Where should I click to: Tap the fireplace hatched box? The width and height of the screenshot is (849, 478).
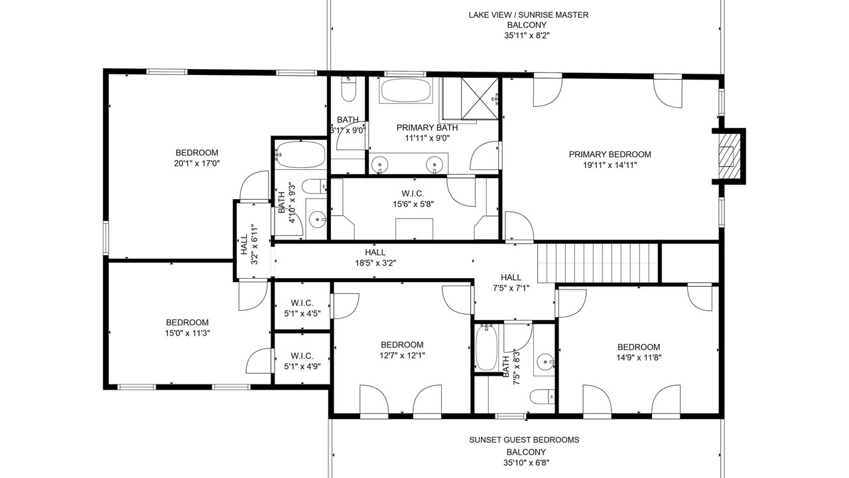click(x=726, y=156)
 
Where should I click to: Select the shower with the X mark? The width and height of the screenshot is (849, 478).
click(x=480, y=99)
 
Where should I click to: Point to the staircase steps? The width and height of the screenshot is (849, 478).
click(x=598, y=263)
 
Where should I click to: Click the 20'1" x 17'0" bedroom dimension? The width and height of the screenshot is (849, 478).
click(x=197, y=163)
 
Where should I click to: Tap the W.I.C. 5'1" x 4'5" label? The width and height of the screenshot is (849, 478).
click(x=302, y=309)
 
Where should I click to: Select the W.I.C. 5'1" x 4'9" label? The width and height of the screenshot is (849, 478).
click(x=302, y=361)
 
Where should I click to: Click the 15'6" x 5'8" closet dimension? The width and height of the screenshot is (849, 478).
click(x=413, y=204)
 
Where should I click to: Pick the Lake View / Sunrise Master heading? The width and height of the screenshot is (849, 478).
click(x=529, y=15)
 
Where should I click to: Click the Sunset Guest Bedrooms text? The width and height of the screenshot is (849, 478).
click(x=524, y=439)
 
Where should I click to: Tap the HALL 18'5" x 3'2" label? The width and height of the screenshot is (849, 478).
click(x=375, y=258)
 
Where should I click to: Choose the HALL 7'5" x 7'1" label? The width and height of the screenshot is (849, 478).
click(x=511, y=283)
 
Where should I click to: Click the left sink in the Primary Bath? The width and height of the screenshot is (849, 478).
click(x=379, y=164)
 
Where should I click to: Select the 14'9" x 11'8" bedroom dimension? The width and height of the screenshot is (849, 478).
click(x=639, y=357)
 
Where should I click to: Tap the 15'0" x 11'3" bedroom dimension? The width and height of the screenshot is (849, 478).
click(x=187, y=333)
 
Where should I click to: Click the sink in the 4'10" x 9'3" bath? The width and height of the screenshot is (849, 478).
click(x=317, y=219)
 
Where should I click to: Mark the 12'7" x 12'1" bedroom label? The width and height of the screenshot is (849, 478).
click(x=402, y=350)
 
